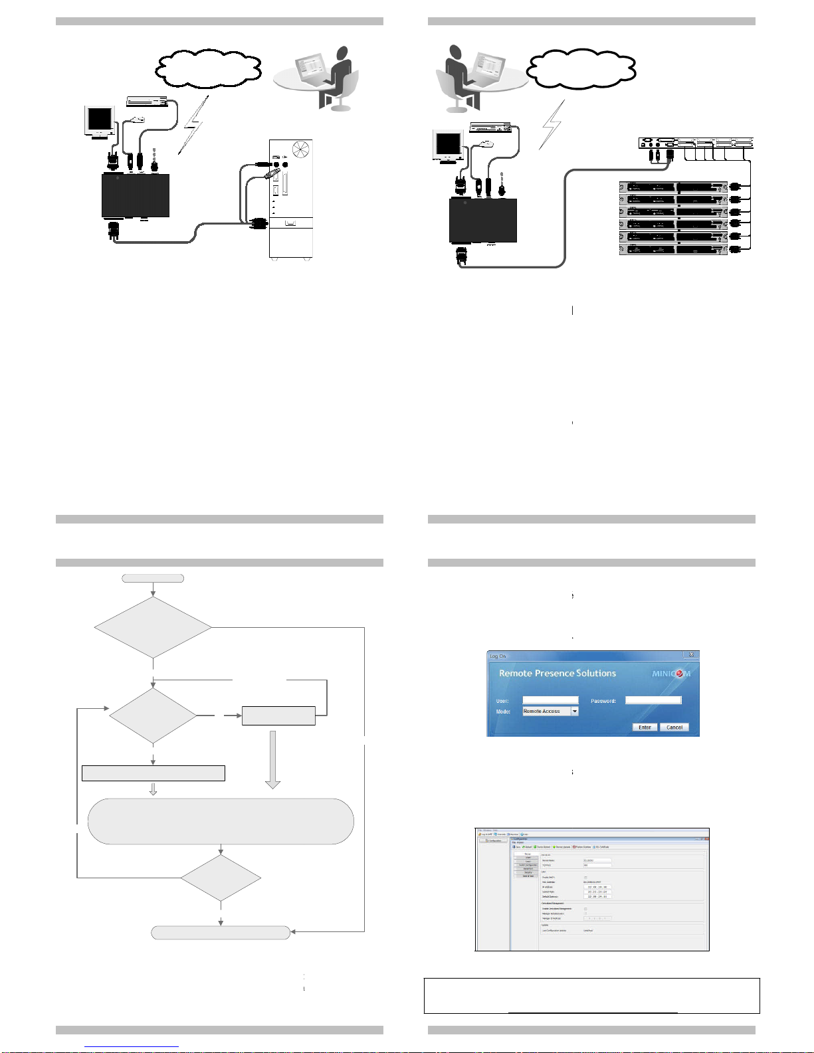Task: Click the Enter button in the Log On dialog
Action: (x=645, y=727)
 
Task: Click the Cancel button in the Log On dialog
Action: (x=674, y=727)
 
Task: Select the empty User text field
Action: (x=550, y=700)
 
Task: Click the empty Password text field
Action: (x=653, y=700)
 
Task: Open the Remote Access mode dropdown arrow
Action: (x=575, y=711)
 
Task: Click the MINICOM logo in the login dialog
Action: (x=670, y=674)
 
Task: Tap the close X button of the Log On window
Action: (x=691, y=655)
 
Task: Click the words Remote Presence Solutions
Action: (x=557, y=673)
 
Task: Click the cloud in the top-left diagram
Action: (x=208, y=68)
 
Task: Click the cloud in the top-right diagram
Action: (x=581, y=68)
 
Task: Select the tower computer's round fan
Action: (x=300, y=148)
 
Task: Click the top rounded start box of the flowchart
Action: (x=153, y=578)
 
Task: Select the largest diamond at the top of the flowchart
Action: (x=153, y=626)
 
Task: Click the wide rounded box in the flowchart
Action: (x=221, y=821)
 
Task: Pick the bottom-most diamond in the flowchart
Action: (x=221, y=878)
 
